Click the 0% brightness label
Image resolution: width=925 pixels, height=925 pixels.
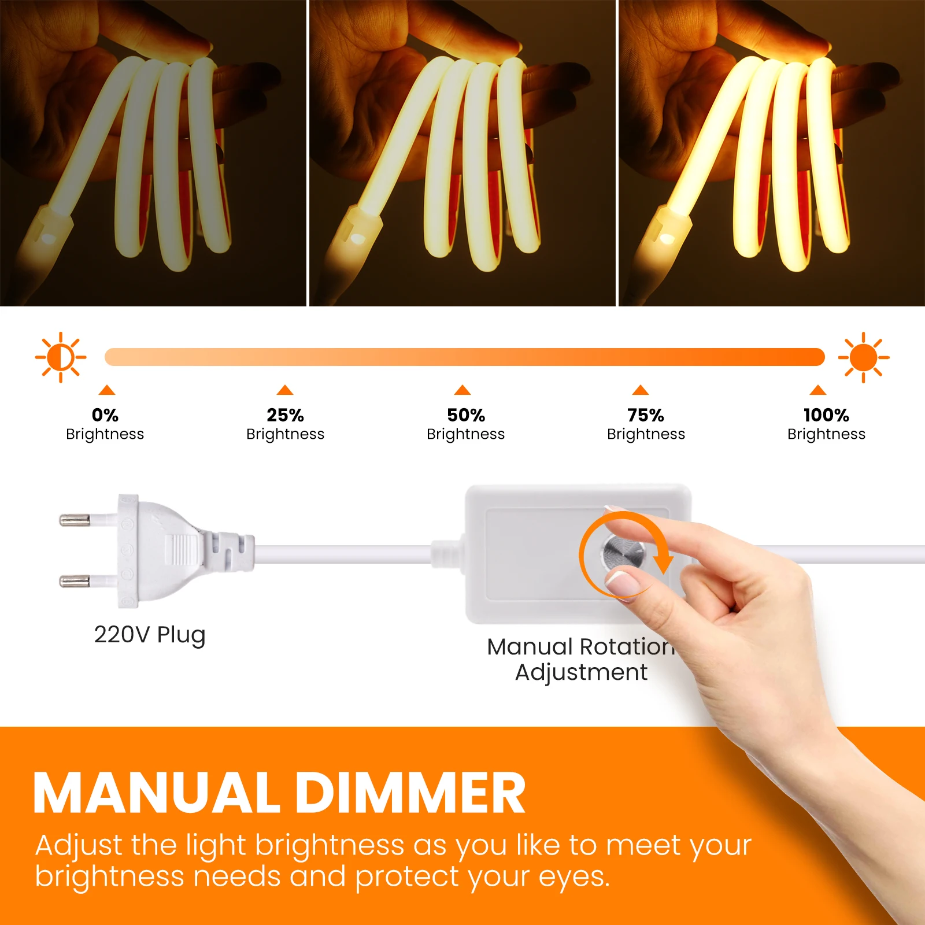point(105,415)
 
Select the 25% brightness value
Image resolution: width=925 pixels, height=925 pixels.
point(285,415)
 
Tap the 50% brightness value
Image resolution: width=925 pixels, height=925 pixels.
point(466,415)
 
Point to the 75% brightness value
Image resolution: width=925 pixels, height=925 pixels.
point(646,415)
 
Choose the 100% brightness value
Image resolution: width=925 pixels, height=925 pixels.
point(826,415)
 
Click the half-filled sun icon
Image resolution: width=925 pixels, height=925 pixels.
point(61,357)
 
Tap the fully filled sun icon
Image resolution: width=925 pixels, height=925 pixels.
point(864,357)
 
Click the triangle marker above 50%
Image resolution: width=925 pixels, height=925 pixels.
point(462,390)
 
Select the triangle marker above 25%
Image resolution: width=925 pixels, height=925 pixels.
point(285,390)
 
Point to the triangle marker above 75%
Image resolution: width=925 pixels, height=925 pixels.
point(641,390)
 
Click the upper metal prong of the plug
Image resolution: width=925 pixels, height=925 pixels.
point(75,520)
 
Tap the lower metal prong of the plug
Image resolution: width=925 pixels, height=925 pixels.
point(75,580)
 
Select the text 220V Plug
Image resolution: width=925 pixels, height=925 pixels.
point(150,635)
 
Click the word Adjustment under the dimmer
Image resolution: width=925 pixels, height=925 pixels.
point(581,672)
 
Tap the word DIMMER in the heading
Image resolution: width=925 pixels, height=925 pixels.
point(410,793)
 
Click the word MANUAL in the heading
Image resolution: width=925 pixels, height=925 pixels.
point(156,793)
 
